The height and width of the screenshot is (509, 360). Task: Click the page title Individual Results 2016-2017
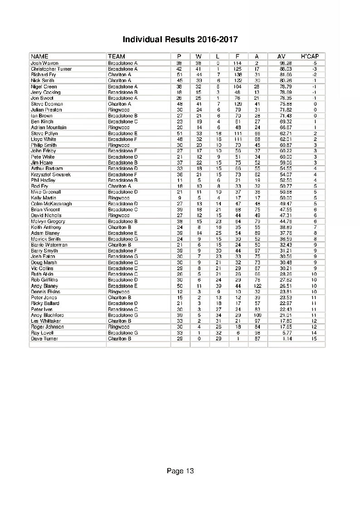pos(180,39)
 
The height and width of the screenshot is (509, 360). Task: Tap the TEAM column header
pos(117,56)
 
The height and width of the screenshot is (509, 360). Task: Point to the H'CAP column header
pos(310,56)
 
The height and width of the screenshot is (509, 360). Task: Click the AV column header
pos(281,56)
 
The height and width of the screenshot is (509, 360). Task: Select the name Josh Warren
pos(44,63)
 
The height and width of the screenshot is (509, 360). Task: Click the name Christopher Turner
pos(51,69)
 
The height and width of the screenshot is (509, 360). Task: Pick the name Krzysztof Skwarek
pos(51,175)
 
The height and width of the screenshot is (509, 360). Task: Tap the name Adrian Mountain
pos(49,127)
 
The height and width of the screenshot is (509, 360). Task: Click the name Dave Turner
pos(44,339)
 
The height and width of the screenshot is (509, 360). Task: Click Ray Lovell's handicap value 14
pos(314,333)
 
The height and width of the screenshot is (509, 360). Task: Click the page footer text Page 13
pos(180,471)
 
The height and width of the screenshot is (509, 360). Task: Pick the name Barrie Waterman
pos(49,245)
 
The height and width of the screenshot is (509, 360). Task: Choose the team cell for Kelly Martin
pos(118,198)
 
